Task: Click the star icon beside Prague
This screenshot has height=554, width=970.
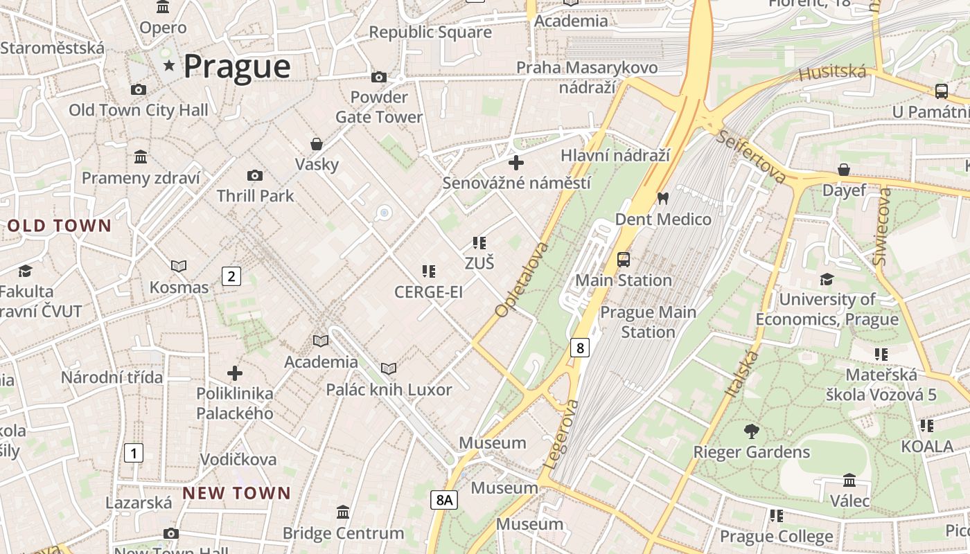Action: (169, 65)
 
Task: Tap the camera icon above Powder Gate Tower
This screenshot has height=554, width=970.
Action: (379, 77)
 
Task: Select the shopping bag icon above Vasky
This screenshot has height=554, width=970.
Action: (317, 144)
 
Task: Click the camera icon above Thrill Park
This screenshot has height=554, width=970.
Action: (255, 176)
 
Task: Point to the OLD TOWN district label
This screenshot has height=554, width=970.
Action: (60, 226)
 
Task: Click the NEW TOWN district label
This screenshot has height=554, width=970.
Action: (236, 493)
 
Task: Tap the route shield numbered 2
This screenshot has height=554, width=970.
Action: (231, 276)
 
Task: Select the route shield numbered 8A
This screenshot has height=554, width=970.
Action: (444, 499)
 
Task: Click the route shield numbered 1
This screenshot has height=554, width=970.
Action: (133, 454)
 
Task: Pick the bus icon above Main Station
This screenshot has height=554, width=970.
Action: (624, 260)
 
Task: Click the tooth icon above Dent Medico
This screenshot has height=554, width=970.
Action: (662, 199)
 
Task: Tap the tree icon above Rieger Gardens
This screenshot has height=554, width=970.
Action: (751, 432)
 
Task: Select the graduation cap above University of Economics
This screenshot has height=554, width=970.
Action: (827, 279)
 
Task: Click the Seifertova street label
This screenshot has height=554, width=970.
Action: (752, 157)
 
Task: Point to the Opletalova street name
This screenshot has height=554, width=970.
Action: (522, 280)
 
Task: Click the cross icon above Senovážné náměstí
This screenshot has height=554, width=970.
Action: (516, 163)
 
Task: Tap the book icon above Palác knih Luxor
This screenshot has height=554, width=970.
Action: (389, 369)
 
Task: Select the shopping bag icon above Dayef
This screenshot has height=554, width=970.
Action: (844, 170)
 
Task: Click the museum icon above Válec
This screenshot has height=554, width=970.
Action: (849, 481)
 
